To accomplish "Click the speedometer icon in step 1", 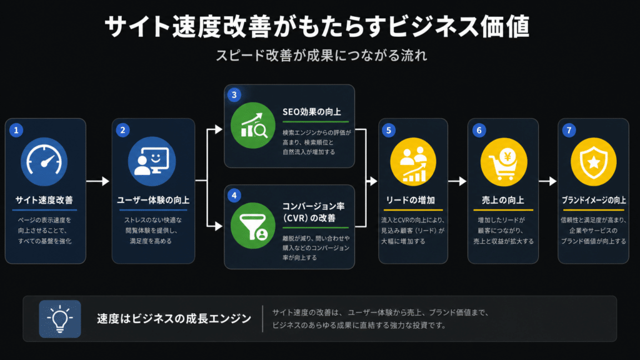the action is click(44, 162).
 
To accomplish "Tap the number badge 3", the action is click(234, 95).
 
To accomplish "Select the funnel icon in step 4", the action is click(253, 226).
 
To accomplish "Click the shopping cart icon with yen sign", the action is click(504, 162).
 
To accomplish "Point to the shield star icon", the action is click(594, 162).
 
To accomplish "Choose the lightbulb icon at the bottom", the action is click(60, 319).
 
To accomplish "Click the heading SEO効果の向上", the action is click(312, 112).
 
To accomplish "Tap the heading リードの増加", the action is click(411, 200).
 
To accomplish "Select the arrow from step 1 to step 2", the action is click(98, 181).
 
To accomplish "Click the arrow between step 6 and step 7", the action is click(547, 181).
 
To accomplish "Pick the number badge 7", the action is click(569, 130).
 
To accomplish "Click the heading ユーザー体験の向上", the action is click(153, 200).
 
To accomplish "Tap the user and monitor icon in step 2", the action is click(152, 162).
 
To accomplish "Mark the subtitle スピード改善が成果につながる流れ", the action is click(321, 55).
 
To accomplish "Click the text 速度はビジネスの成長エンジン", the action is click(174, 318).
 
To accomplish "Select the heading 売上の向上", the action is click(503, 200).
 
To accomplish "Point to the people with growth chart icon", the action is click(413, 162).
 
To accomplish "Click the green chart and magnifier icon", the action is click(253, 125).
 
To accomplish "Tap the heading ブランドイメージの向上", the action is click(594, 200).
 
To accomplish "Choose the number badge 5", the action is click(389, 130).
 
